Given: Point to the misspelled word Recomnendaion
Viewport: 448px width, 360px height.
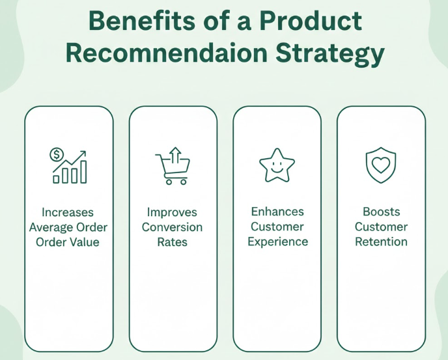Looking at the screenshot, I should pyautogui.click(x=176, y=53).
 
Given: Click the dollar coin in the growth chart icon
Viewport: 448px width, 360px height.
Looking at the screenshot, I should pyautogui.click(x=57, y=155).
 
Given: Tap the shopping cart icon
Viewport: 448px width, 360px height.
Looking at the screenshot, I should pyautogui.click(x=171, y=169).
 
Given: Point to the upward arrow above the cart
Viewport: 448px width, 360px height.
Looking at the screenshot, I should pyautogui.click(x=175, y=156).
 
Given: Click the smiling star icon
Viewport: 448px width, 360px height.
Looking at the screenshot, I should pyautogui.click(x=277, y=166).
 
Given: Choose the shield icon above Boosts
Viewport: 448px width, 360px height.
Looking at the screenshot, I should pyautogui.click(x=380, y=166).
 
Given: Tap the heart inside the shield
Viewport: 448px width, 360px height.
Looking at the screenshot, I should pyautogui.click(x=380, y=164).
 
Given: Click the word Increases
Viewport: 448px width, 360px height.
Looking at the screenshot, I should pyautogui.click(x=68, y=212).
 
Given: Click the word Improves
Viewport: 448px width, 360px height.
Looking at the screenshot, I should pyautogui.click(x=172, y=212).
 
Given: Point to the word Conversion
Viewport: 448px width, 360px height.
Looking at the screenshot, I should pyautogui.click(x=172, y=227).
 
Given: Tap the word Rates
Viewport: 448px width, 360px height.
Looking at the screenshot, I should pyautogui.click(x=172, y=242).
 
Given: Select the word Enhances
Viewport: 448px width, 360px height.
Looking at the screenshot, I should pyautogui.click(x=277, y=212).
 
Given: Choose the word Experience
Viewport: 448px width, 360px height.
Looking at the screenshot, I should pyautogui.click(x=277, y=242).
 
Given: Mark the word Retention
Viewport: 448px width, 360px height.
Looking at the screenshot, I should pyautogui.click(x=381, y=242).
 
